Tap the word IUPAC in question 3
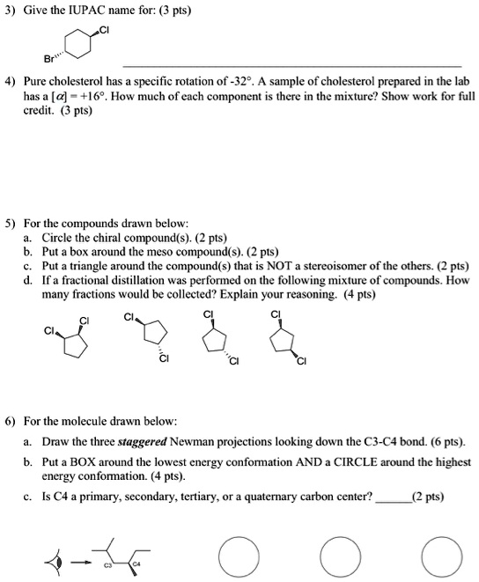(86, 11)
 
